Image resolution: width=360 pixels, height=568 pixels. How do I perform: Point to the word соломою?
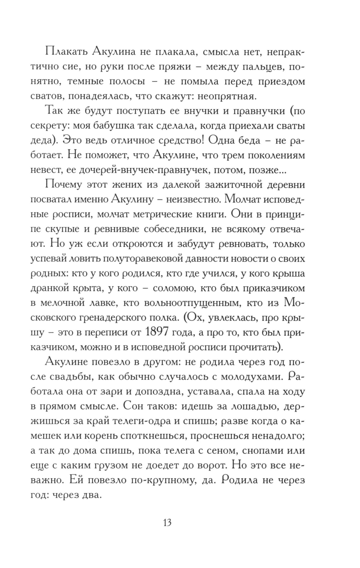point(177,288)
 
